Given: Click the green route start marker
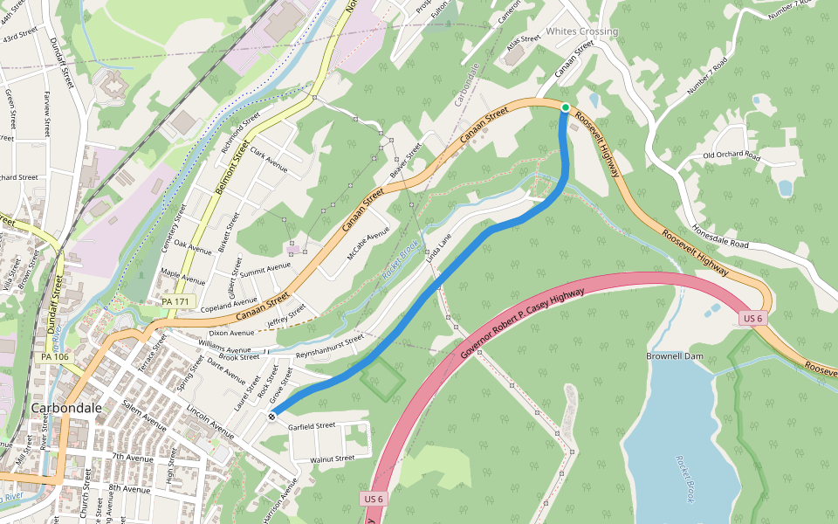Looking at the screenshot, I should (x=566, y=107).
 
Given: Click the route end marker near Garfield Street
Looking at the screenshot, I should (x=272, y=417).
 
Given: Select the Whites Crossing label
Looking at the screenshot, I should (x=581, y=31).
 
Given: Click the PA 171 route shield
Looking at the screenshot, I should (x=175, y=301).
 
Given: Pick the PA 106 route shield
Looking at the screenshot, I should (x=54, y=356).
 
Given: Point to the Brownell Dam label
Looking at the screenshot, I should (x=674, y=356).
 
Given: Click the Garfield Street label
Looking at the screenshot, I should (x=312, y=426).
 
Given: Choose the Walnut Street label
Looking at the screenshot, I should (x=333, y=458).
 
